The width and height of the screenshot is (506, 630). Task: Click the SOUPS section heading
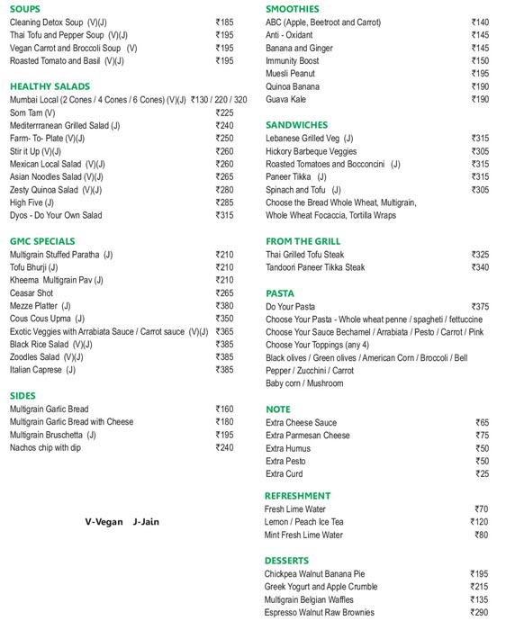click(24, 9)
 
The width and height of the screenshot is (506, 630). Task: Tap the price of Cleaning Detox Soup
click(224, 22)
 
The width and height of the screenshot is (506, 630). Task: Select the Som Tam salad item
click(32, 113)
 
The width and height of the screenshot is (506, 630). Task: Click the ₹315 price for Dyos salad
click(224, 216)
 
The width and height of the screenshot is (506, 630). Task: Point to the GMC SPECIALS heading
click(42, 241)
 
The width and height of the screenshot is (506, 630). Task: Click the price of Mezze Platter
click(224, 306)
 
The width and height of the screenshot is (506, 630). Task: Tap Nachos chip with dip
click(45, 447)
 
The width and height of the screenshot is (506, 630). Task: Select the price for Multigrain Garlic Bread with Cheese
click(224, 422)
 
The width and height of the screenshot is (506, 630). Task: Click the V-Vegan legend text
click(102, 521)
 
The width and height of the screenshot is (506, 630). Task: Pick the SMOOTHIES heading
click(293, 9)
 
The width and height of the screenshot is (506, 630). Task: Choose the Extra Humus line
click(288, 448)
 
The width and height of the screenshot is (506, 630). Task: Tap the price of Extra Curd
click(482, 474)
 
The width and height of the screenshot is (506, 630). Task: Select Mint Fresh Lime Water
click(303, 535)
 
